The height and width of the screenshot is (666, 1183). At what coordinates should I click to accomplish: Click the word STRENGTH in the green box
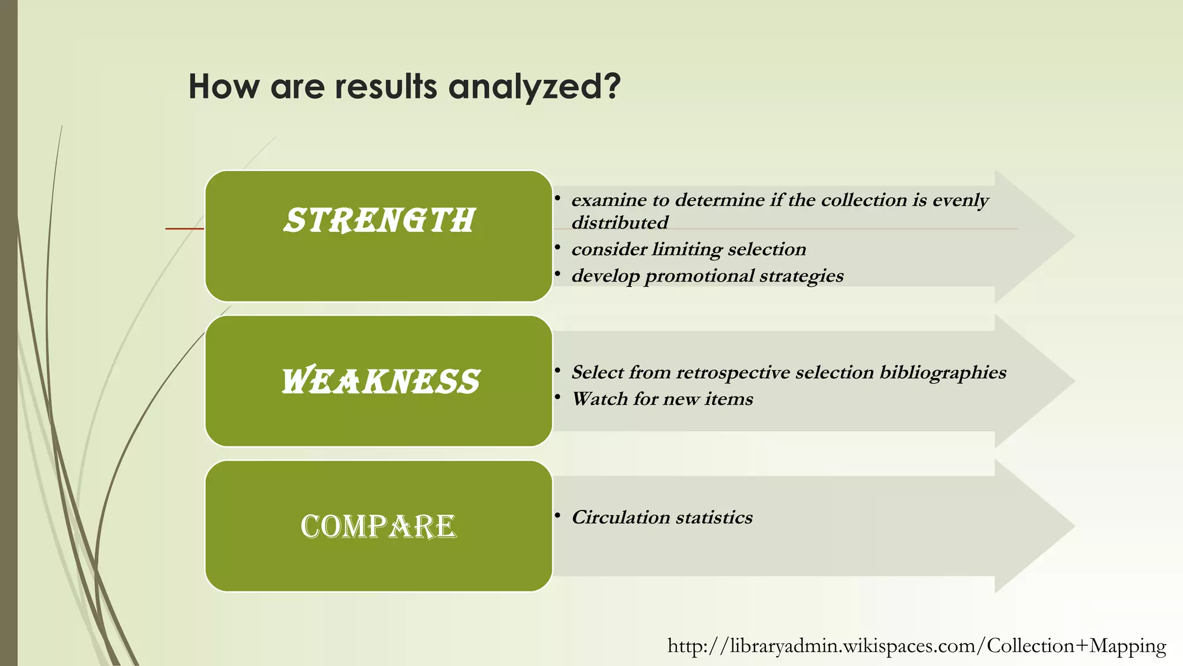379,221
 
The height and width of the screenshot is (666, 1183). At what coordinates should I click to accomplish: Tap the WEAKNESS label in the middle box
380,382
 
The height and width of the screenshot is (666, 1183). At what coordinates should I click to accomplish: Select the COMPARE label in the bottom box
378,527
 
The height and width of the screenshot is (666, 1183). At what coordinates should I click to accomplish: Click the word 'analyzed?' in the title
534,87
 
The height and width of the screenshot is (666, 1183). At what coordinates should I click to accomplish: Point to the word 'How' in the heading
224,87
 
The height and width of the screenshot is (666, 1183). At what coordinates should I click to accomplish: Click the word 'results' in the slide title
386,87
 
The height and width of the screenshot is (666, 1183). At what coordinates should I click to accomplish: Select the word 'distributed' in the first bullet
619,223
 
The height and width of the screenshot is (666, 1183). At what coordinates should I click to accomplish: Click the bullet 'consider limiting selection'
689,249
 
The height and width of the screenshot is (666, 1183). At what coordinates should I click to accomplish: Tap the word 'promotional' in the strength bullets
699,276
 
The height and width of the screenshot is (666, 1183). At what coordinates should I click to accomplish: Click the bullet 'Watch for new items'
662,399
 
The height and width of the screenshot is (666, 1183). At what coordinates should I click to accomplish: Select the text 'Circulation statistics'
662,517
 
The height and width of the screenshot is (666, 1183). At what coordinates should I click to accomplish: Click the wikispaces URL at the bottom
916,646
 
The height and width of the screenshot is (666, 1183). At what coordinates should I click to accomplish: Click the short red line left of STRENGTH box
184,229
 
